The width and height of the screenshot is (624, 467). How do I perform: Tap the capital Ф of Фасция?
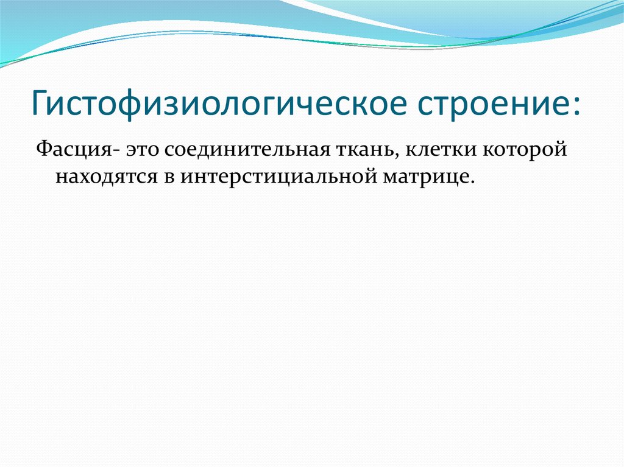pyautogui.click(x=42, y=150)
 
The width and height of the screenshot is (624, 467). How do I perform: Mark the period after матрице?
pyautogui.click(x=471, y=181)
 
